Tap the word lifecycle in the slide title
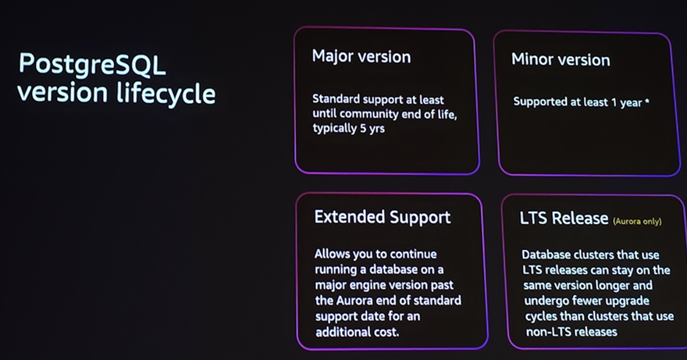pos(166,93)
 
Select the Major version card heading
pos(361,56)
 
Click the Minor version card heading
pos(561,59)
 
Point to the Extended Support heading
pos(383,217)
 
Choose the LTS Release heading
pos(564,219)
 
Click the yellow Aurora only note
pos(637,222)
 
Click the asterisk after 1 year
pos(647,102)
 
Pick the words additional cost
pos(362,332)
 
